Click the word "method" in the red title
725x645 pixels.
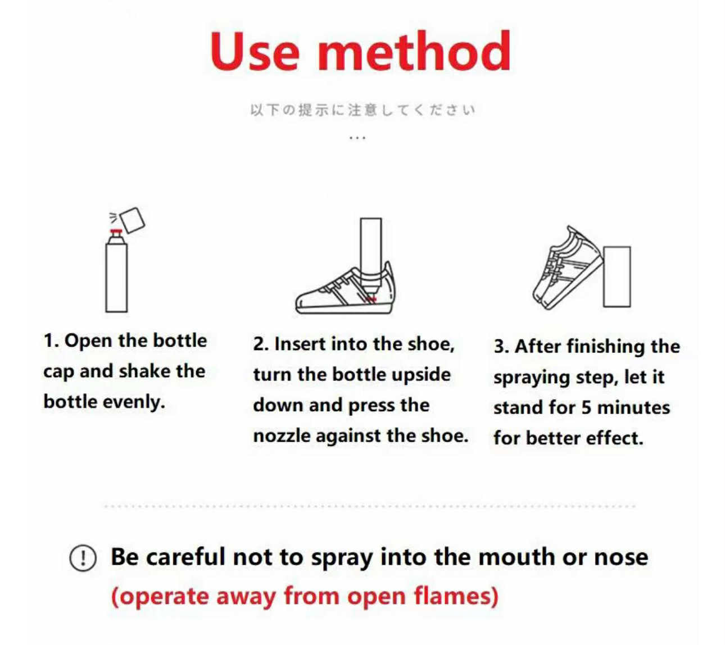point(414,51)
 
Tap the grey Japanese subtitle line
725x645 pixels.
point(362,110)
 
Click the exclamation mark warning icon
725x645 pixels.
point(83,558)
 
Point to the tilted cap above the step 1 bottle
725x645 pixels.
point(132,220)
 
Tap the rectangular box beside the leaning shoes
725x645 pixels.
point(617,276)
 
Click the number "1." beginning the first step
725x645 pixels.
point(51,340)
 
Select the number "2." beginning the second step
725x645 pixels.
point(261,344)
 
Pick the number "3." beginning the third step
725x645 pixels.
point(501,346)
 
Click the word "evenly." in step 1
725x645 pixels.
point(134,402)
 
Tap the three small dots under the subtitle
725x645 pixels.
point(357,138)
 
